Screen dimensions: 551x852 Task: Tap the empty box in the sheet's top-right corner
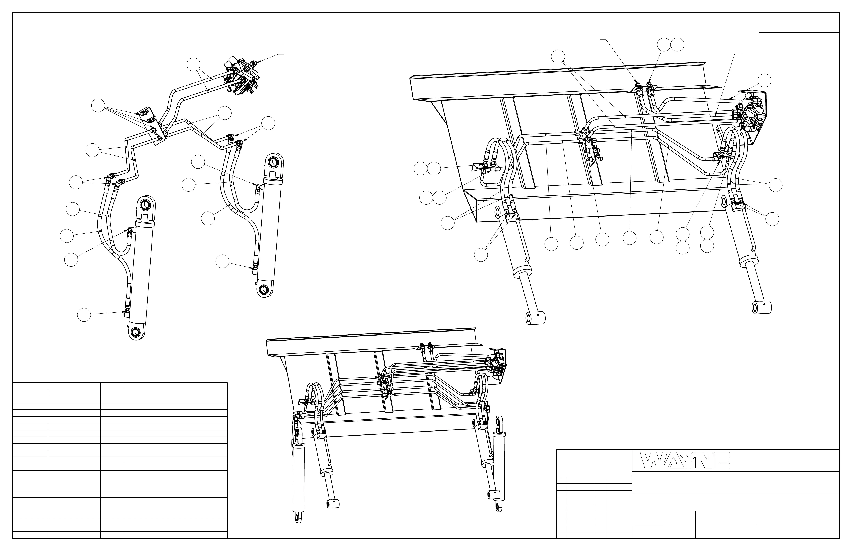click(x=799, y=23)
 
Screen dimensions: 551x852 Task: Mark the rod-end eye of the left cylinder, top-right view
click(x=535, y=318)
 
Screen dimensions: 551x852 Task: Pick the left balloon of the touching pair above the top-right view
click(x=664, y=45)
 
